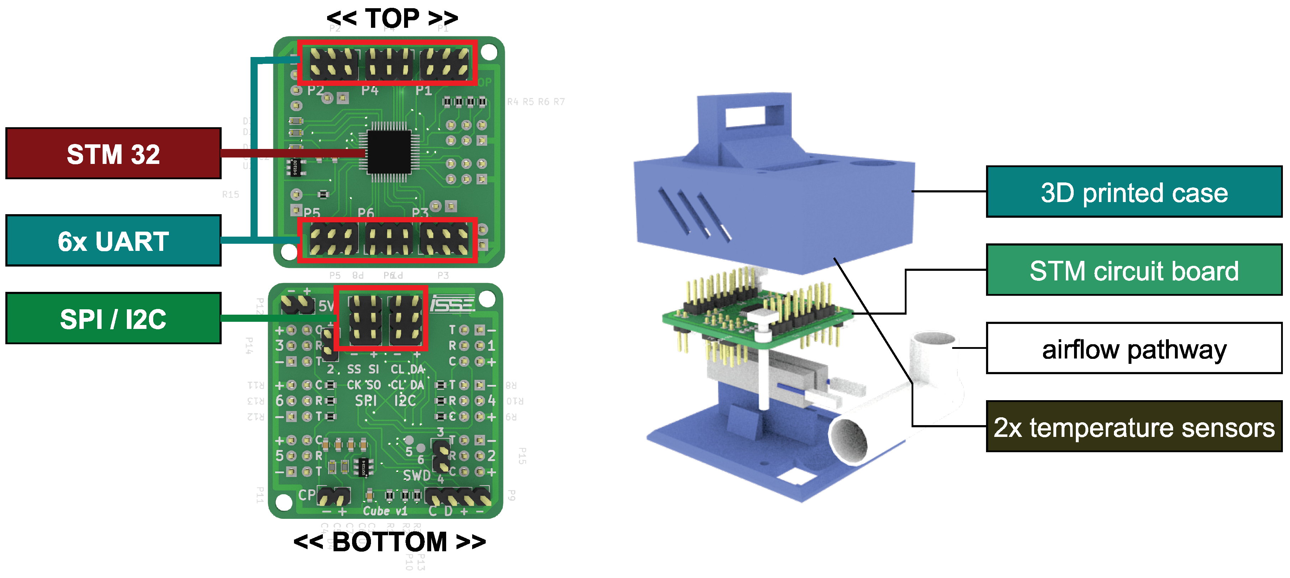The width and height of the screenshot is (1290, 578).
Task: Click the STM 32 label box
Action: click(x=113, y=154)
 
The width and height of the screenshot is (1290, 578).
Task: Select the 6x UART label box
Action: click(x=113, y=241)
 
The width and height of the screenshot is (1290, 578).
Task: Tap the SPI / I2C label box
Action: click(x=113, y=319)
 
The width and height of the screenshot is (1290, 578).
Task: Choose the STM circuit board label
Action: click(x=1134, y=270)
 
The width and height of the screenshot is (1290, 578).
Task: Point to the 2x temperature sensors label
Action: click(x=1134, y=427)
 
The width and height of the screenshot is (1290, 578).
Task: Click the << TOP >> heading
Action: click(x=392, y=18)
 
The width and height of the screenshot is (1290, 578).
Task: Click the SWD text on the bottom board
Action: click(x=417, y=475)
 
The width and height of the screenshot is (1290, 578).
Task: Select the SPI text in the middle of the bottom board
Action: click(x=366, y=401)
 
